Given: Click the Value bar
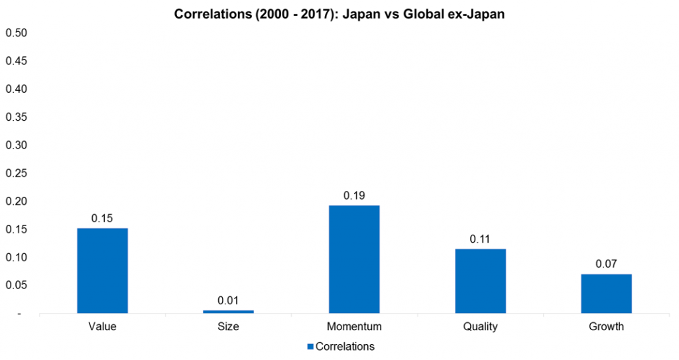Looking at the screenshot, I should coord(102,270).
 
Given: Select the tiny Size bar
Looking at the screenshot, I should coord(228,311).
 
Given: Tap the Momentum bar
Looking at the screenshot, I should coord(354,259).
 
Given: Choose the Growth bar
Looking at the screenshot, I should coord(606,293).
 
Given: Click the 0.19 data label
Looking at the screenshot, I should coord(354,196).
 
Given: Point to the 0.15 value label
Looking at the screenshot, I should coord(102,218).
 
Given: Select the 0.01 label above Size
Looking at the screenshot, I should coord(228,300).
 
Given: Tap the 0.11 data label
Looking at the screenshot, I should coord(480,239).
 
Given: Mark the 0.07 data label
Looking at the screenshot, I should coord(606,264).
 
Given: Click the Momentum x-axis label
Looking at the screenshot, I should coord(354,327).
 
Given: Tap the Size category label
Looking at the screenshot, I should coord(228,327).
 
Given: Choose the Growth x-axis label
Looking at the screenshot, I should coord(606,327).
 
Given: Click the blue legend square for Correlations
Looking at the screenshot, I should coord(310,347).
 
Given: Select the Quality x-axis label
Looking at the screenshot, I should coord(480,327).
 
